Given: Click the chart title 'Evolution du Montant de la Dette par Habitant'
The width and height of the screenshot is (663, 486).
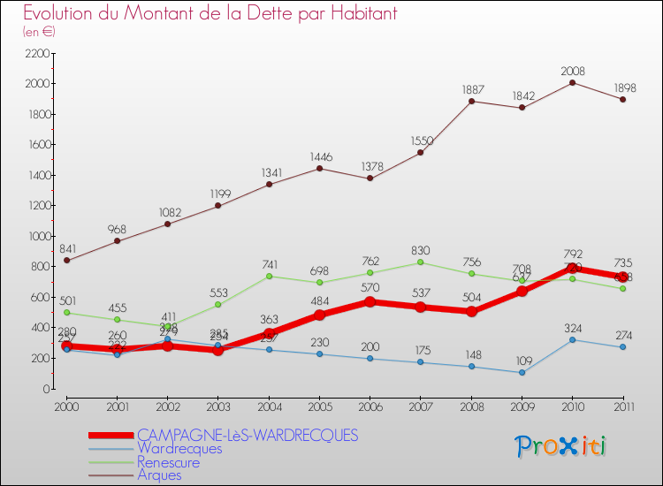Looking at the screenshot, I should click(x=210, y=14).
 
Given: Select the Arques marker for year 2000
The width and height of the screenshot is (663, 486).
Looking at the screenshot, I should click(x=66, y=260).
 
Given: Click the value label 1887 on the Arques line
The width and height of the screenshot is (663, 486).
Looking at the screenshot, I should click(x=472, y=90).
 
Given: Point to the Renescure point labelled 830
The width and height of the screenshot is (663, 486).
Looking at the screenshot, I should click(x=421, y=262).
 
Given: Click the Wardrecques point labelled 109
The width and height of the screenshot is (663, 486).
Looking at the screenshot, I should click(x=522, y=372).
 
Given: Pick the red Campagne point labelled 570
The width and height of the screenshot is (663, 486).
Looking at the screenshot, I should click(x=370, y=301).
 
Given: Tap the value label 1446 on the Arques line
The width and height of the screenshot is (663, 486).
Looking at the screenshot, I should click(x=320, y=157).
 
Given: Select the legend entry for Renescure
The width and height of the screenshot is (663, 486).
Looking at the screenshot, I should click(x=168, y=462).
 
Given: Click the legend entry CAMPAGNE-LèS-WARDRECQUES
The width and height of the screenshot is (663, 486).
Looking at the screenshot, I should click(x=247, y=435).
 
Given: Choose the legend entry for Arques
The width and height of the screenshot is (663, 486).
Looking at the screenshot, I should click(x=159, y=475).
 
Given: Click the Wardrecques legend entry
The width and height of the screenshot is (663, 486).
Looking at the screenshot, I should click(x=179, y=449).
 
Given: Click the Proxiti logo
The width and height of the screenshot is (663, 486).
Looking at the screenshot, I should click(x=561, y=446).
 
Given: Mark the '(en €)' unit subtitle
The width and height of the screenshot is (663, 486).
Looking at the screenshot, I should click(x=40, y=31).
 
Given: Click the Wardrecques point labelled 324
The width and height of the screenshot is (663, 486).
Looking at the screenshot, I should click(x=573, y=339).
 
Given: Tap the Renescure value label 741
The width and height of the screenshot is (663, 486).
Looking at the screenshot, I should click(x=270, y=265).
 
